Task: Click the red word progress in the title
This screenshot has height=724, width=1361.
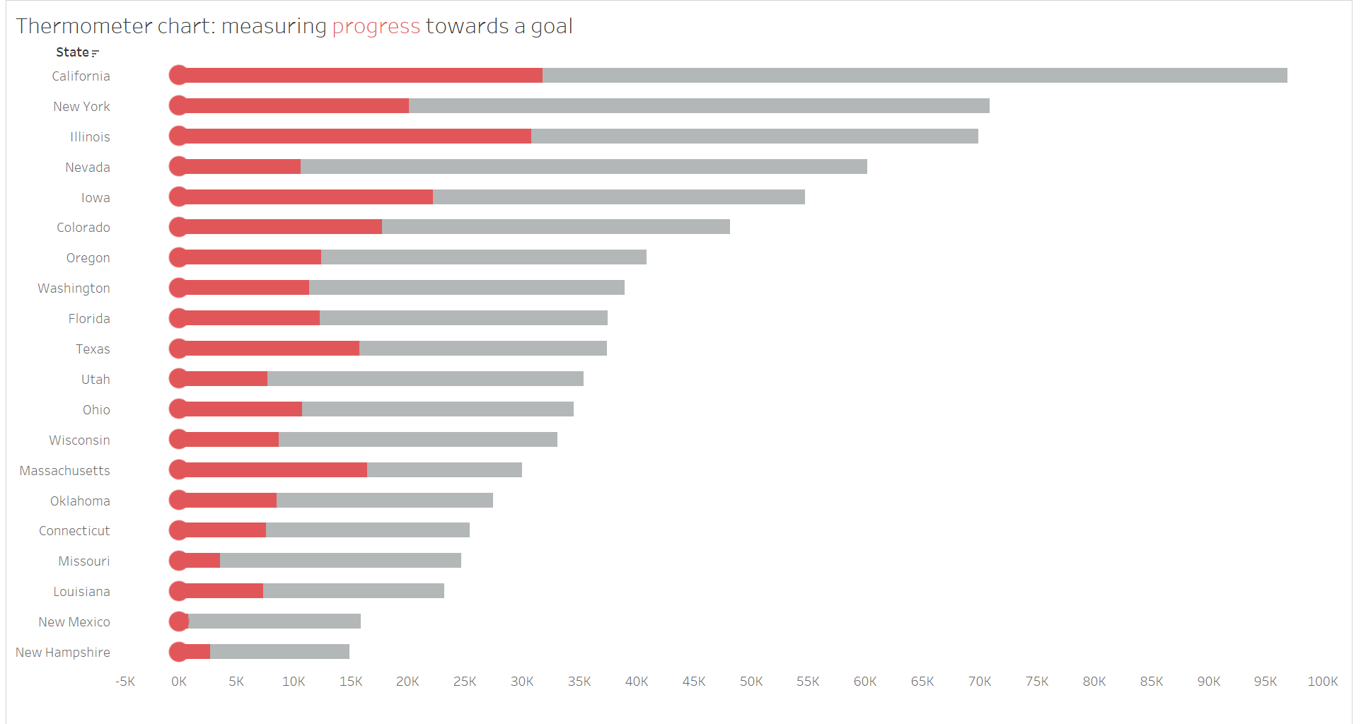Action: [x=376, y=26]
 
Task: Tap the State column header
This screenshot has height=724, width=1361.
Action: [x=72, y=52]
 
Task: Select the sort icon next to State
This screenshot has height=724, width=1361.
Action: [x=95, y=53]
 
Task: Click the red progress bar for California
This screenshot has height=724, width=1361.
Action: [x=361, y=76]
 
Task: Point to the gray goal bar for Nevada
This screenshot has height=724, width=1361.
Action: [x=584, y=167]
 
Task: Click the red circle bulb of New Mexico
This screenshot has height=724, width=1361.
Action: [x=178, y=621]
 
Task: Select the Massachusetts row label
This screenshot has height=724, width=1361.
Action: [x=65, y=471]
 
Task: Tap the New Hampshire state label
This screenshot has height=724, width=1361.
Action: [x=63, y=653]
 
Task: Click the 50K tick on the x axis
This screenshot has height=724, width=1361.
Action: [x=751, y=682]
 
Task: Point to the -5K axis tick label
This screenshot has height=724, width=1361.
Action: [x=125, y=682]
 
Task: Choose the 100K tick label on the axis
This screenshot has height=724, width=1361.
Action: [x=1322, y=682]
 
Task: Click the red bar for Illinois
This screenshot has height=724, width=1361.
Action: [x=354, y=136]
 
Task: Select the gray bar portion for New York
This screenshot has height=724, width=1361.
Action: [x=699, y=106]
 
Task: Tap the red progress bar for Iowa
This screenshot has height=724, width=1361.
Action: [x=308, y=197]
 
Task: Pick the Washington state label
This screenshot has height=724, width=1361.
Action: [x=74, y=288]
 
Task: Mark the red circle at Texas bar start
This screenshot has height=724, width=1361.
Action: [x=178, y=349]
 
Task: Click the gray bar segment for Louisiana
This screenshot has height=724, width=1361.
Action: [x=354, y=591]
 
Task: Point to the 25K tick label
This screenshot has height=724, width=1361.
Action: [x=465, y=682]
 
